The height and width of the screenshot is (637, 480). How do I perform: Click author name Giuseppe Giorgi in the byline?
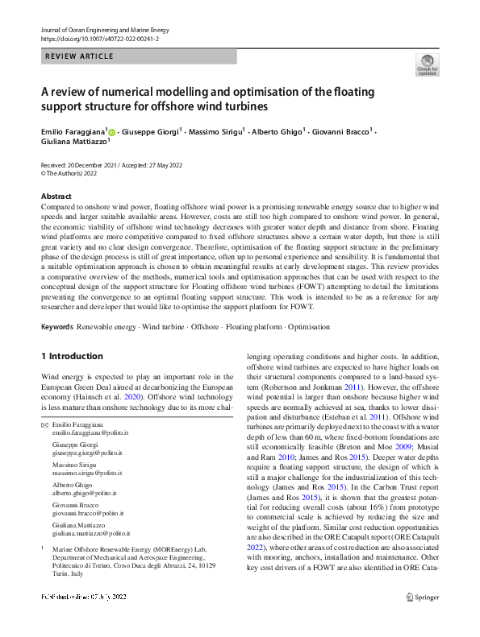(152, 131)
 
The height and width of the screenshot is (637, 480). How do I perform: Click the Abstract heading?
(56, 196)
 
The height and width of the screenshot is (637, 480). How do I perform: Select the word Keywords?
(57, 327)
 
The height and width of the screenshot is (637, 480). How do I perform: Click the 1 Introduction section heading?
(72, 356)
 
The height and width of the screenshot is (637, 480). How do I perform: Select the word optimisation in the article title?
(250, 92)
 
